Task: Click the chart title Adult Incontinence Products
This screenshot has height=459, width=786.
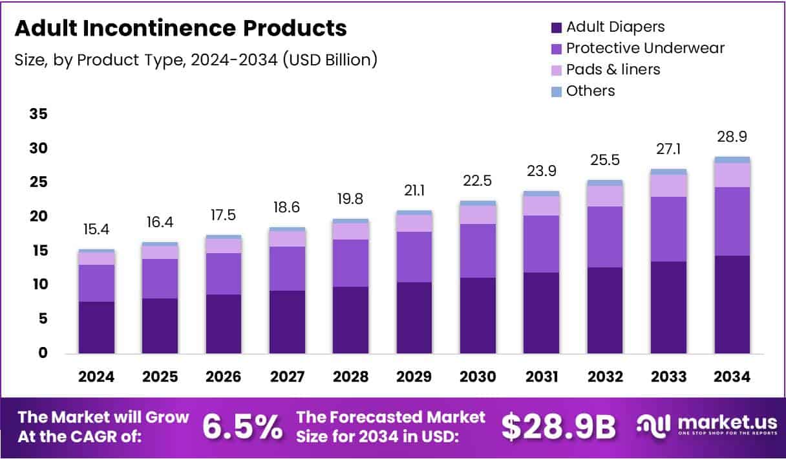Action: click(x=180, y=28)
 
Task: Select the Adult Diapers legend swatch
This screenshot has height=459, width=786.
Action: click(x=557, y=27)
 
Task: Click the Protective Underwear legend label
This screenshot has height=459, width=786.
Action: click(x=645, y=48)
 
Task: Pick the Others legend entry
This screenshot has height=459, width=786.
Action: click(x=590, y=91)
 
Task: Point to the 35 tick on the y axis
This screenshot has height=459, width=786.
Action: click(x=38, y=115)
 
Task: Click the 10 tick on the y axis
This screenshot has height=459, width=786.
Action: click(x=38, y=285)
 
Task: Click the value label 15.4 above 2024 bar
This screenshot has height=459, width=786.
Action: click(x=97, y=229)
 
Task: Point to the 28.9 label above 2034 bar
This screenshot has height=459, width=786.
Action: click(x=732, y=137)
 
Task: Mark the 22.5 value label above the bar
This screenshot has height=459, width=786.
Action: click(x=478, y=182)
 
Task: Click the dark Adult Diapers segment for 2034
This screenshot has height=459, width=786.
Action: click(x=732, y=304)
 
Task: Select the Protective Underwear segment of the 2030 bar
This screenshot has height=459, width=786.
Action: click(x=478, y=251)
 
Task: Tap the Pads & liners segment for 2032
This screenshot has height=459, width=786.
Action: click(x=605, y=196)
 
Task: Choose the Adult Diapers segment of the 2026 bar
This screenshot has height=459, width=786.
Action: click(x=224, y=324)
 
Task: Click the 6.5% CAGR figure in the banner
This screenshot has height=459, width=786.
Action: click(x=242, y=426)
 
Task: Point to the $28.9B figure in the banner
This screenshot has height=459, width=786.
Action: click(x=558, y=426)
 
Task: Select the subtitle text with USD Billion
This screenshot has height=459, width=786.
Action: click(x=196, y=60)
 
